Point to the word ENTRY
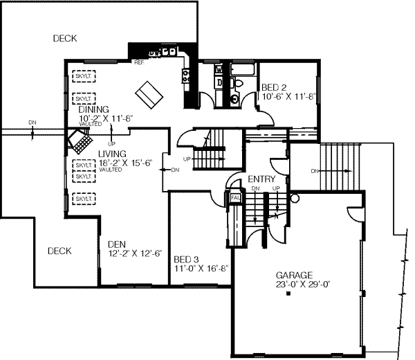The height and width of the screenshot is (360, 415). [x=262, y=179]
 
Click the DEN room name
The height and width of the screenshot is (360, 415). [x=116, y=244]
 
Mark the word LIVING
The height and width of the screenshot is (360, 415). [x=112, y=154]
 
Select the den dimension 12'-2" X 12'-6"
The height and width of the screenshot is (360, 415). [x=136, y=253]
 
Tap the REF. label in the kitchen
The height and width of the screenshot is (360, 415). [x=139, y=63]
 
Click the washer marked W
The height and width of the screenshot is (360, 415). [x=219, y=70]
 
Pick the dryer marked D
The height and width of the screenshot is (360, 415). [x=219, y=83]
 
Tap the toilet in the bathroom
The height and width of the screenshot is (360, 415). [x=238, y=84]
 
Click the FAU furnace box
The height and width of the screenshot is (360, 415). [x=235, y=198]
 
